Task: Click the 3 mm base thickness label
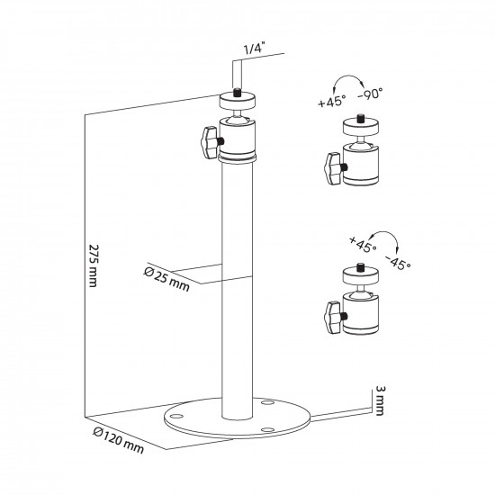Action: [x=382, y=399]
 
